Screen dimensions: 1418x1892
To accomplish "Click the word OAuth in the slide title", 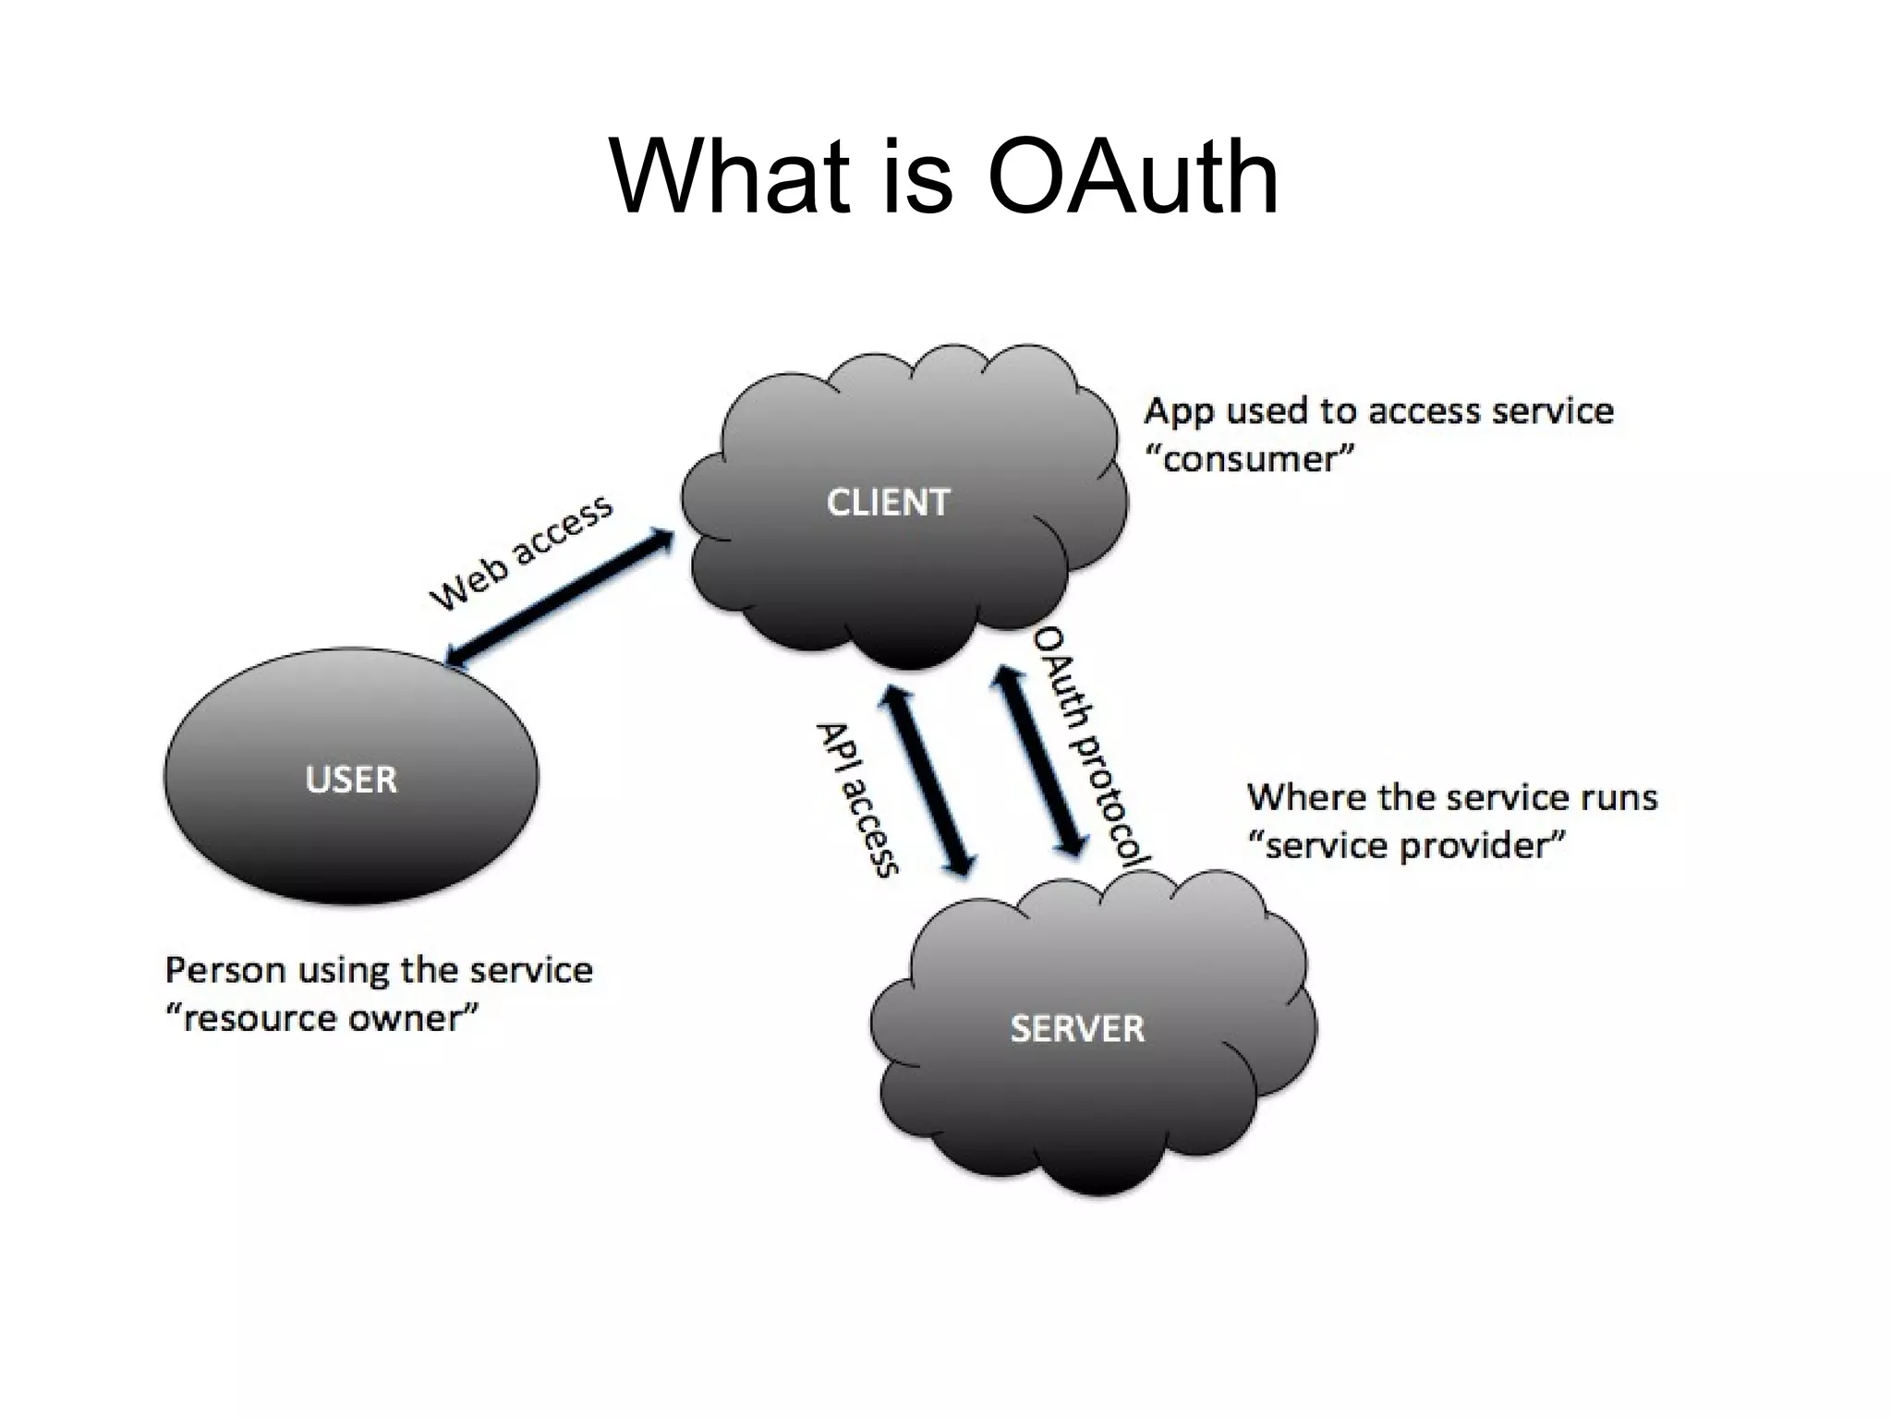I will [x=1133, y=177].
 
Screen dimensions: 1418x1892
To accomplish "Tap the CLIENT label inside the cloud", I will [x=888, y=503].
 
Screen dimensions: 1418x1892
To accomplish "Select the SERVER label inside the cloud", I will [x=1077, y=1028].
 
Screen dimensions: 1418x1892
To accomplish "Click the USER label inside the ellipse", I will [x=351, y=780].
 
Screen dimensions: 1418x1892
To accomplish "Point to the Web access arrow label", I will [x=520, y=551].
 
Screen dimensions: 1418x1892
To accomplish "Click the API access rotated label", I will [x=857, y=799].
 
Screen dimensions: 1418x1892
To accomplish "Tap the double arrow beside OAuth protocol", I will [x=1039, y=762].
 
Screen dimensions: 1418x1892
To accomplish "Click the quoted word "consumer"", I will [x=1249, y=459].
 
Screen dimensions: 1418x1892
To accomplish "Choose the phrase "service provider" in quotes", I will [x=1406, y=846].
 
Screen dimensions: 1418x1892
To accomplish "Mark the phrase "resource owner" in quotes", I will [x=321, y=1019].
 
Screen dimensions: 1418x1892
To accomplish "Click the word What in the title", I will [x=729, y=177].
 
